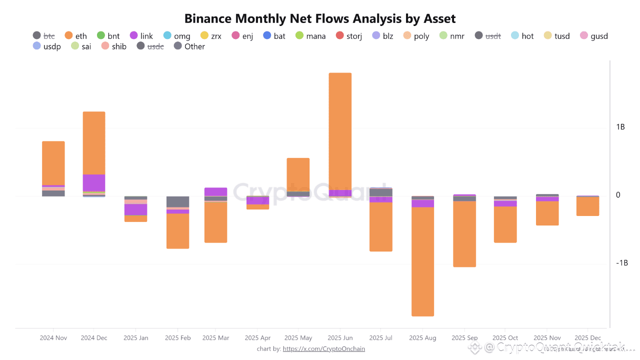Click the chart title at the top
[320, 19]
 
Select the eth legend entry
[75, 36]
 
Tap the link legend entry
[141, 36]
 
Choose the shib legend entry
[113, 46]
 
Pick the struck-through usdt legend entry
[487, 36]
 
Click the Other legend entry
[189, 46]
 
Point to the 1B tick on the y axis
[620, 127]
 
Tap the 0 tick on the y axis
[618, 195]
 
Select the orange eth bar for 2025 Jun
[340, 130]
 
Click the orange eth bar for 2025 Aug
[422, 260]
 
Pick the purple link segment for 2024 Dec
[93, 182]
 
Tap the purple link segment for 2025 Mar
[215, 191]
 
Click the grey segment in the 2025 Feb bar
[177, 201]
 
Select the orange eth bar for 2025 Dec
[587, 206]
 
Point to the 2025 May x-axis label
[298, 338]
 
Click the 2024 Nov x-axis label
[53, 338]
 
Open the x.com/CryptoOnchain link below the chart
[323, 348]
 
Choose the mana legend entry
[310, 36]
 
